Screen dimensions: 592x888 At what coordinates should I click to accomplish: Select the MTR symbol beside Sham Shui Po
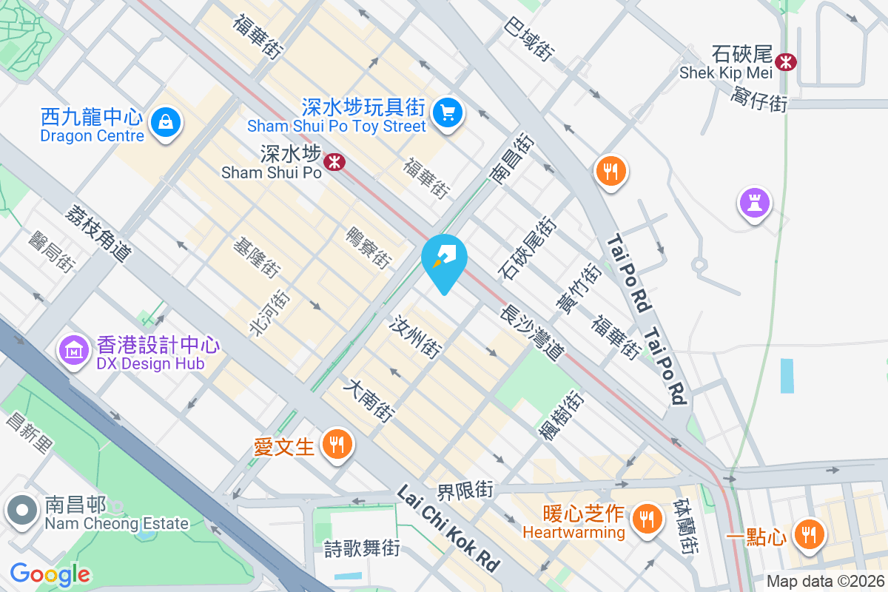(x=335, y=161)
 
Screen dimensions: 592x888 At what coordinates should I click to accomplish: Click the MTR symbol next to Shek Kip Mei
(x=786, y=61)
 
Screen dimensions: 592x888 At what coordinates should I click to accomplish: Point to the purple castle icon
(x=754, y=202)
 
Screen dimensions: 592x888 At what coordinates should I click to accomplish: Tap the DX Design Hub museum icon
(x=75, y=350)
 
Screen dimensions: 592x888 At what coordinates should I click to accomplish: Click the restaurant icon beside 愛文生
(x=337, y=445)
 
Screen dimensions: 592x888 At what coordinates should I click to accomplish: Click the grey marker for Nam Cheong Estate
(x=22, y=511)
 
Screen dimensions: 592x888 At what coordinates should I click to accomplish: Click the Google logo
(x=50, y=573)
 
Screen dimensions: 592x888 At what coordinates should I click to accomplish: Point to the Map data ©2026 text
(x=824, y=582)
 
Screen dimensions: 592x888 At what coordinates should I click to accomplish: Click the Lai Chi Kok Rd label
(x=448, y=528)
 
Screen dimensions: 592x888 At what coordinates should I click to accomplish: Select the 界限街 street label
(x=465, y=490)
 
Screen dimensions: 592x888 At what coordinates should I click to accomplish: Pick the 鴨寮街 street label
(x=369, y=246)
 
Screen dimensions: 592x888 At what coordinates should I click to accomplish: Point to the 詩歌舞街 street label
(x=363, y=548)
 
